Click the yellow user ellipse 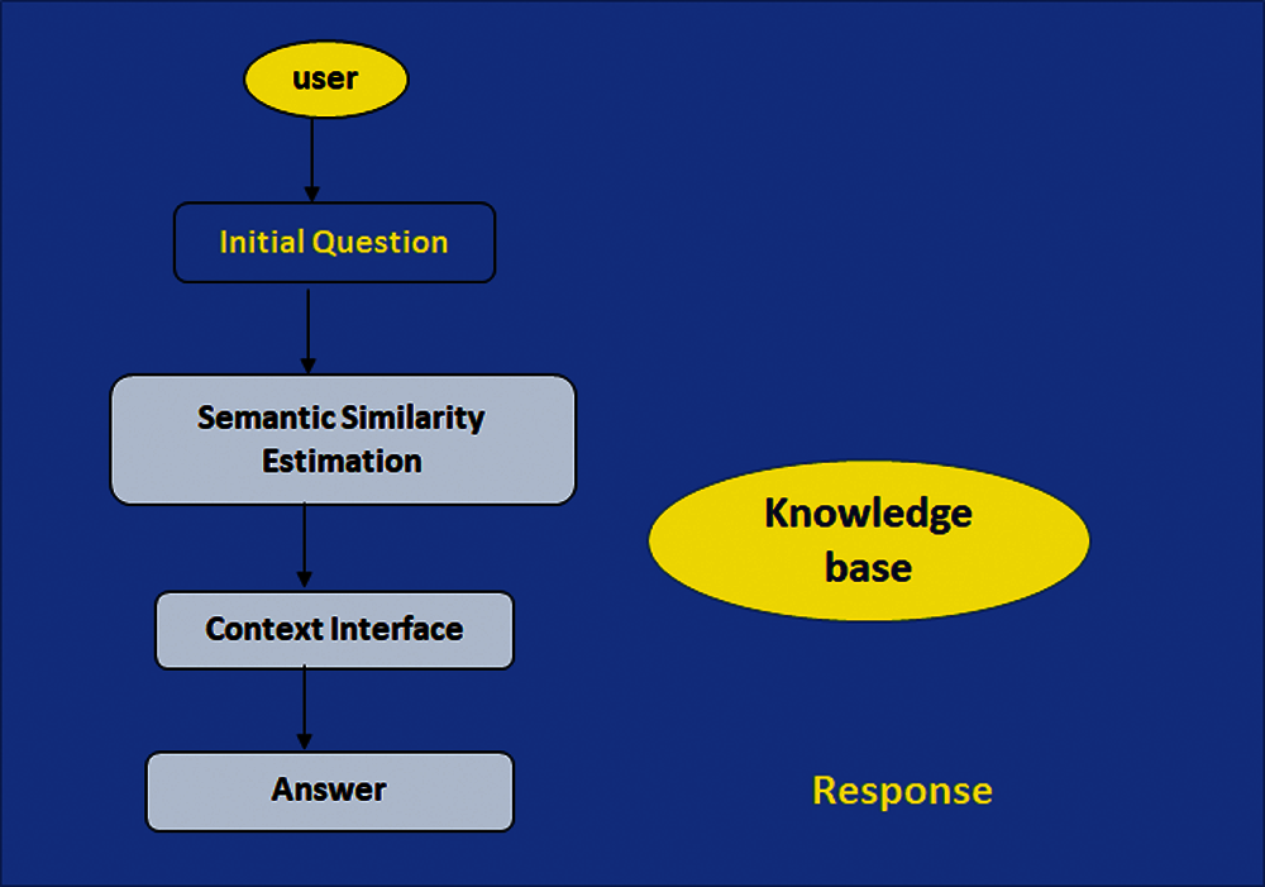[x=326, y=80]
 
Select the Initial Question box [x=334, y=242]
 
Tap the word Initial [x=261, y=242]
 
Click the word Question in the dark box [x=380, y=242]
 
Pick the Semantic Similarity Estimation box [x=343, y=440]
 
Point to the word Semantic [x=266, y=418]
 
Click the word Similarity [x=412, y=418]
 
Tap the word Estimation [x=342, y=461]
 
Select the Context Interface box [x=334, y=630]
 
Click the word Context [x=264, y=629]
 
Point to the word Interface [x=397, y=629]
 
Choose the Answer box [x=330, y=791]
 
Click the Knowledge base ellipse [x=868, y=541]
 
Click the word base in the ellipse [x=868, y=567]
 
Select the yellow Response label [x=902, y=791]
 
